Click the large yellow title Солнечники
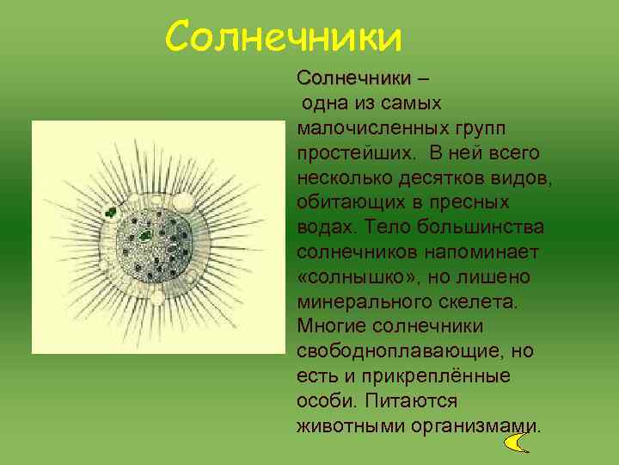click(284, 37)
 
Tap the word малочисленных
click(369, 127)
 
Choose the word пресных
click(468, 202)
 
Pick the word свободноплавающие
click(393, 352)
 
